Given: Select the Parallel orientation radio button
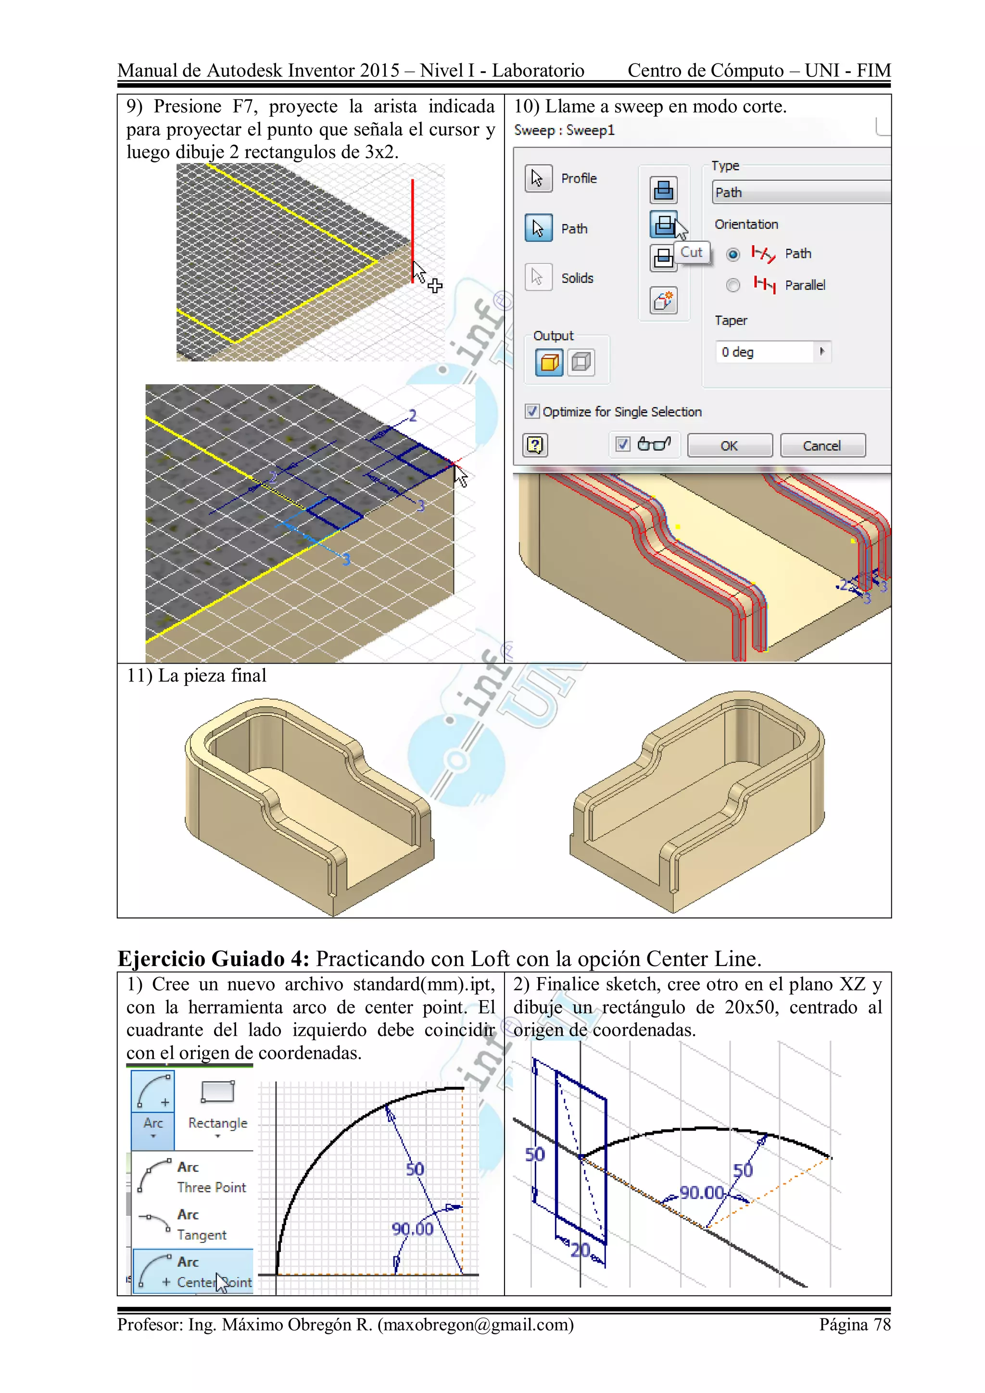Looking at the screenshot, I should pos(733,285).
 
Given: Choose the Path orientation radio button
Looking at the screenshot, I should pos(733,254).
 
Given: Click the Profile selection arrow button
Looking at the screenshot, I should pos(538,178).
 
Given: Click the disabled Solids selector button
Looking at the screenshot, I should pos(538,278).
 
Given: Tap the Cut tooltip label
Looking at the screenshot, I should pos(691,252).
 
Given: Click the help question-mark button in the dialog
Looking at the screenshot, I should pos(535,446).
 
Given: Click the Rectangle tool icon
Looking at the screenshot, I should pos(218,1092).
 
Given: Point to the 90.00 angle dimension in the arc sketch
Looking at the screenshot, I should pos(412,1229).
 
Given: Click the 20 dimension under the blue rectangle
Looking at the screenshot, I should pos(580,1250).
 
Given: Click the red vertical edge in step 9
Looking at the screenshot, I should pos(413,230).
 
